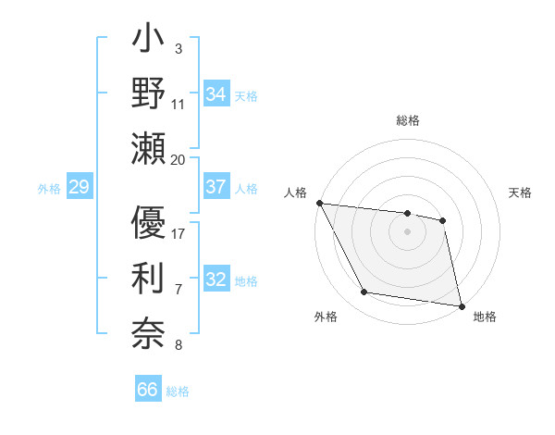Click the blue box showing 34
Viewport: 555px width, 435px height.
click(216, 93)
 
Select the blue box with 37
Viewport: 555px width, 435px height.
click(216, 187)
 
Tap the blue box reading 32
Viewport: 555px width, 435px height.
click(216, 280)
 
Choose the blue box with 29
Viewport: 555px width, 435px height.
click(79, 188)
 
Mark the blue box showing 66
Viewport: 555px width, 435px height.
click(147, 390)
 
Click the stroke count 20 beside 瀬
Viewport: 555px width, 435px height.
click(179, 160)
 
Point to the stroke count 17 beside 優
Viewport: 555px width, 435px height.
click(179, 233)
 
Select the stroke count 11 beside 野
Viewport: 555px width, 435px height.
click(179, 104)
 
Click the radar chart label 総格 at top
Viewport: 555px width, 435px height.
click(408, 121)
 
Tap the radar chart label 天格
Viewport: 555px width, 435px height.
click(520, 193)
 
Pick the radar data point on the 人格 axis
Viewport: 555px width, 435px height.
click(319, 203)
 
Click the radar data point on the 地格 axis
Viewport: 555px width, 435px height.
click(461, 304)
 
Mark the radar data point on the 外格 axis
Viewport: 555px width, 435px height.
click(364, 292)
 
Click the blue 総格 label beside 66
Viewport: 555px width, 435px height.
click(178, 391)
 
